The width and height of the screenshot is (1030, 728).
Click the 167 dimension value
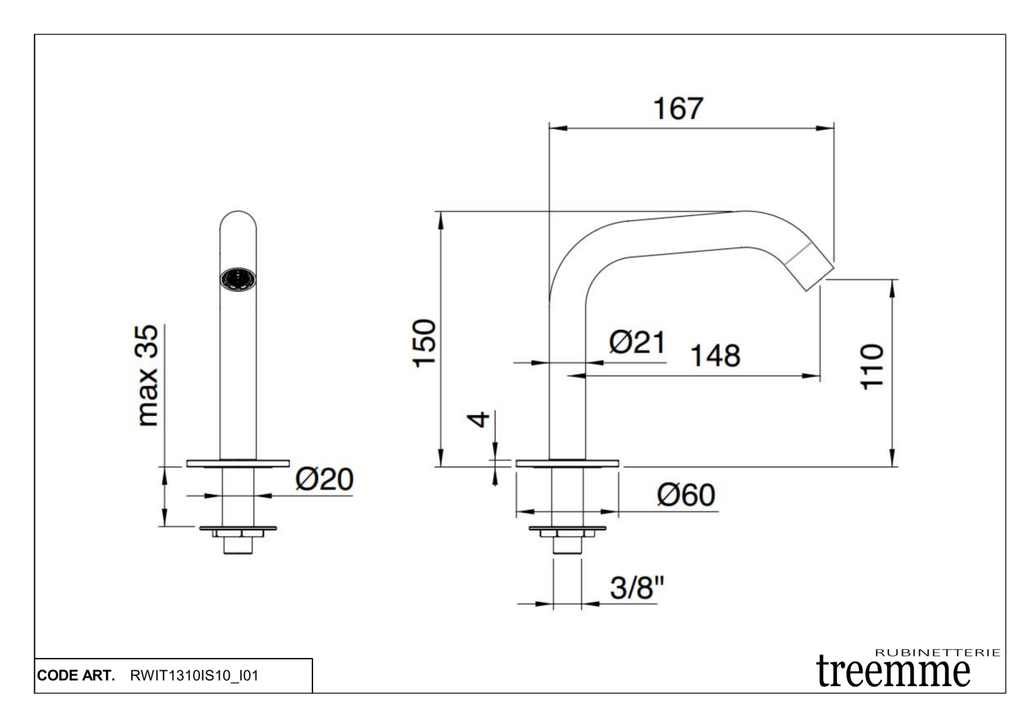(678, 109)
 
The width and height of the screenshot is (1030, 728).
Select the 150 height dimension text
(425, 343)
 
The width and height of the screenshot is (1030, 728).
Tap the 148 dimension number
(715, 356)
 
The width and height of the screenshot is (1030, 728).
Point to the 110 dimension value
(872, 367)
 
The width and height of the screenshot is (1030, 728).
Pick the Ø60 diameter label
(685, 494)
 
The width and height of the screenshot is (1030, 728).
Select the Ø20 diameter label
(324, 479)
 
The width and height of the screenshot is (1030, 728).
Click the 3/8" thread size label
(637, 587)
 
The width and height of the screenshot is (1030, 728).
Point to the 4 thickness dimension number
(481, 418)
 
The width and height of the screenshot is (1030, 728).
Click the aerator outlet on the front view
(238, 280)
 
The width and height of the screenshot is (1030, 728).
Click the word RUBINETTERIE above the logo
(938, 652)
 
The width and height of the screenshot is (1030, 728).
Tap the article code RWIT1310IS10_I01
(194, 676)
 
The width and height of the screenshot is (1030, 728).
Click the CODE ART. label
(77, 676)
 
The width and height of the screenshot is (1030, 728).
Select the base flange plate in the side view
(567, 464)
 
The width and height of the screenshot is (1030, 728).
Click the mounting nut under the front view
(238, 532)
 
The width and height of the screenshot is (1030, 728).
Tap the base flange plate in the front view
(238, 464)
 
